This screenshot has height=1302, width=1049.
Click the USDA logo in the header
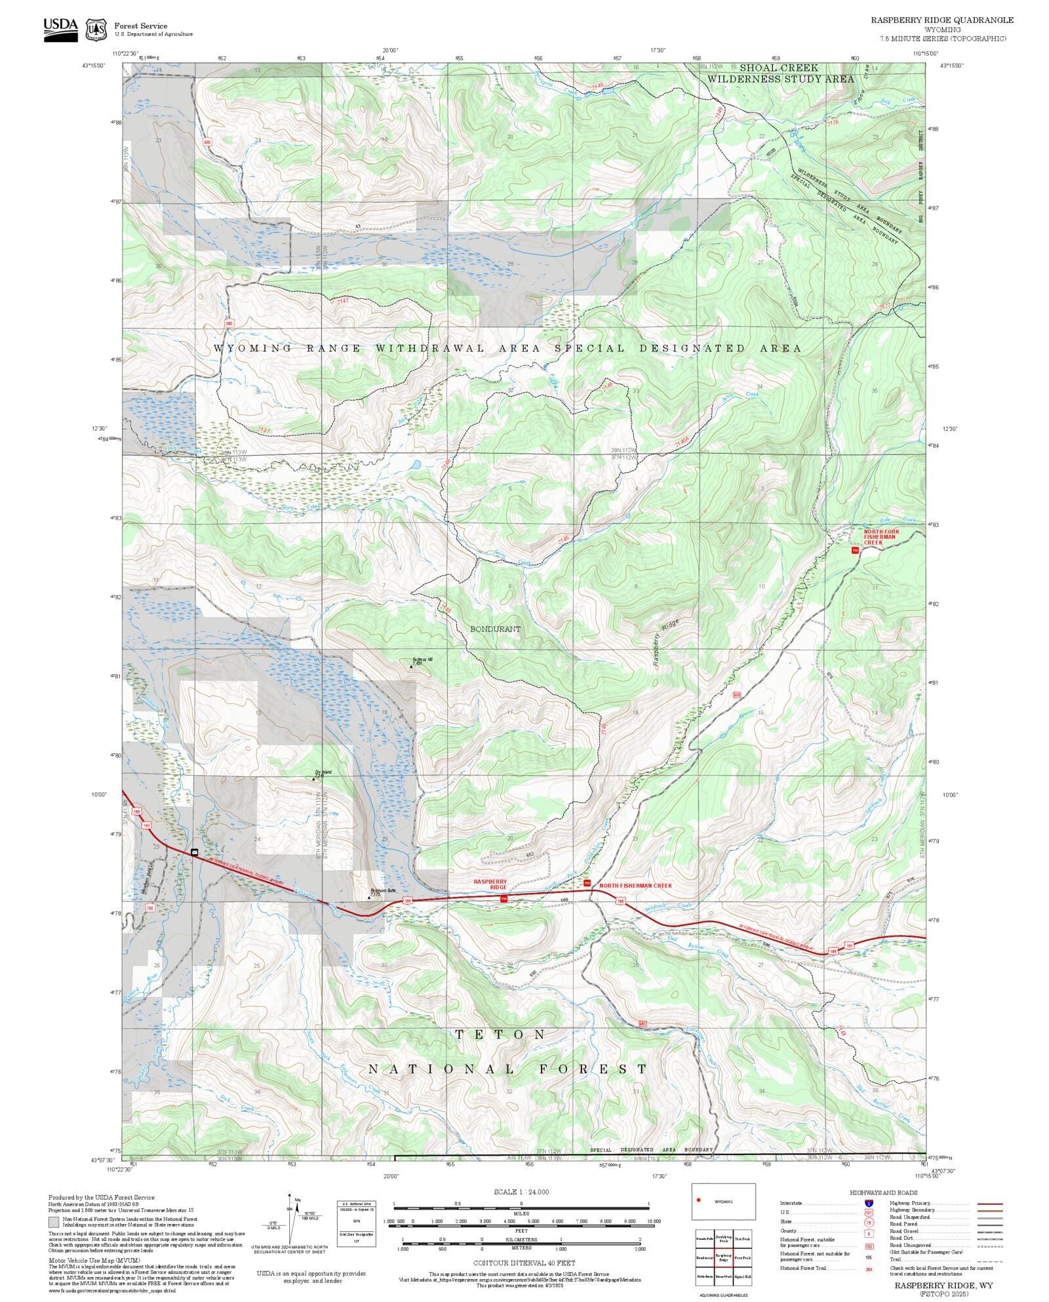pos(60,30)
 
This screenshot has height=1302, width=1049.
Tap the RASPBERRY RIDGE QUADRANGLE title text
pos(941,20)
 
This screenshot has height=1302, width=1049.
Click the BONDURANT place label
pos(495,629)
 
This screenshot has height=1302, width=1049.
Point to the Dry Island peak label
pos(323,772)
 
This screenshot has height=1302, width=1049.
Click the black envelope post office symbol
pos(195,852)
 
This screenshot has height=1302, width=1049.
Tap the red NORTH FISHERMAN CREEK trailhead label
pos(635,886)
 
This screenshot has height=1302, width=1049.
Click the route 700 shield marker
pos(149,909)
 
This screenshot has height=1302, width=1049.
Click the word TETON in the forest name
pos(501,1035)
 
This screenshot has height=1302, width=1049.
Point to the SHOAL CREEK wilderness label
pos(779,68)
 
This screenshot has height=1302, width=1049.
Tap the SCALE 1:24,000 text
pos(521,1192)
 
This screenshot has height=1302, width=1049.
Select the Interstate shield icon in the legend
pos(869,1204)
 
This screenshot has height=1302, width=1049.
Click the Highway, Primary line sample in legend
pos(989,1204)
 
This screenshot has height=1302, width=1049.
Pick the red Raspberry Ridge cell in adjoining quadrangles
pos(723,1257)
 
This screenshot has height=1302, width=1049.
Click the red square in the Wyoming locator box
pos(699,1200)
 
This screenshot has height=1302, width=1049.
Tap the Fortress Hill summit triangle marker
pos(412,666)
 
